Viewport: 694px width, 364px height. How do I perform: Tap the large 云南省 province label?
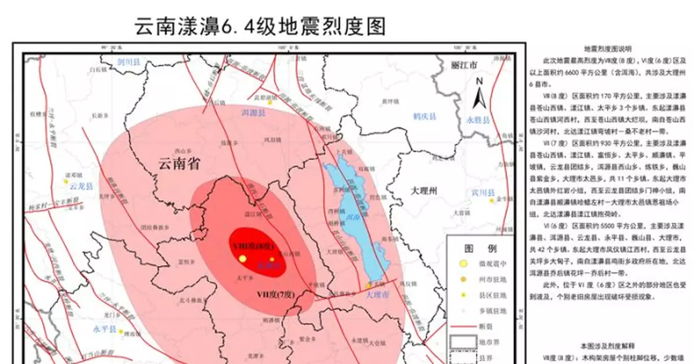pos(179,164)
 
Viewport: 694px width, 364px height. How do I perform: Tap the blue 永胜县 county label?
pos(478,120)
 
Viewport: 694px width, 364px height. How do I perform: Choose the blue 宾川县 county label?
pos(481,192)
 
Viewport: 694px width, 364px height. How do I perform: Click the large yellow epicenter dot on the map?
pos(243,259)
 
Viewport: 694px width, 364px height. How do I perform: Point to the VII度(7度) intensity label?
pos(276,295)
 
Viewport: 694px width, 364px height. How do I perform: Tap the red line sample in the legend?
pos(462,327)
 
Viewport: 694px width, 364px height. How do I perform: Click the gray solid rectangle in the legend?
pos(462,342)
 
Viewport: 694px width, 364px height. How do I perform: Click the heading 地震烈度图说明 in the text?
pos(608,49)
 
